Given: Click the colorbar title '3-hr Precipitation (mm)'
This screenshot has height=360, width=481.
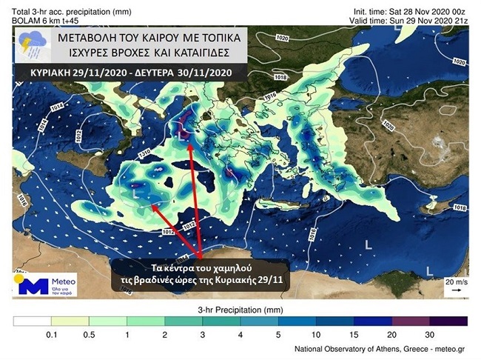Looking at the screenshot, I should pyautogui.click(x=240, y=308).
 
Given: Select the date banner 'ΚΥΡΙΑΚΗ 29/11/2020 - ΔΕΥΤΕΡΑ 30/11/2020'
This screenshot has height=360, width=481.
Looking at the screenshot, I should pyautogui.click(x=123, y=74).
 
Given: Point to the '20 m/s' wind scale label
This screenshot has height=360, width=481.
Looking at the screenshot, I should pyautogui.click(x=453, y=282).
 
